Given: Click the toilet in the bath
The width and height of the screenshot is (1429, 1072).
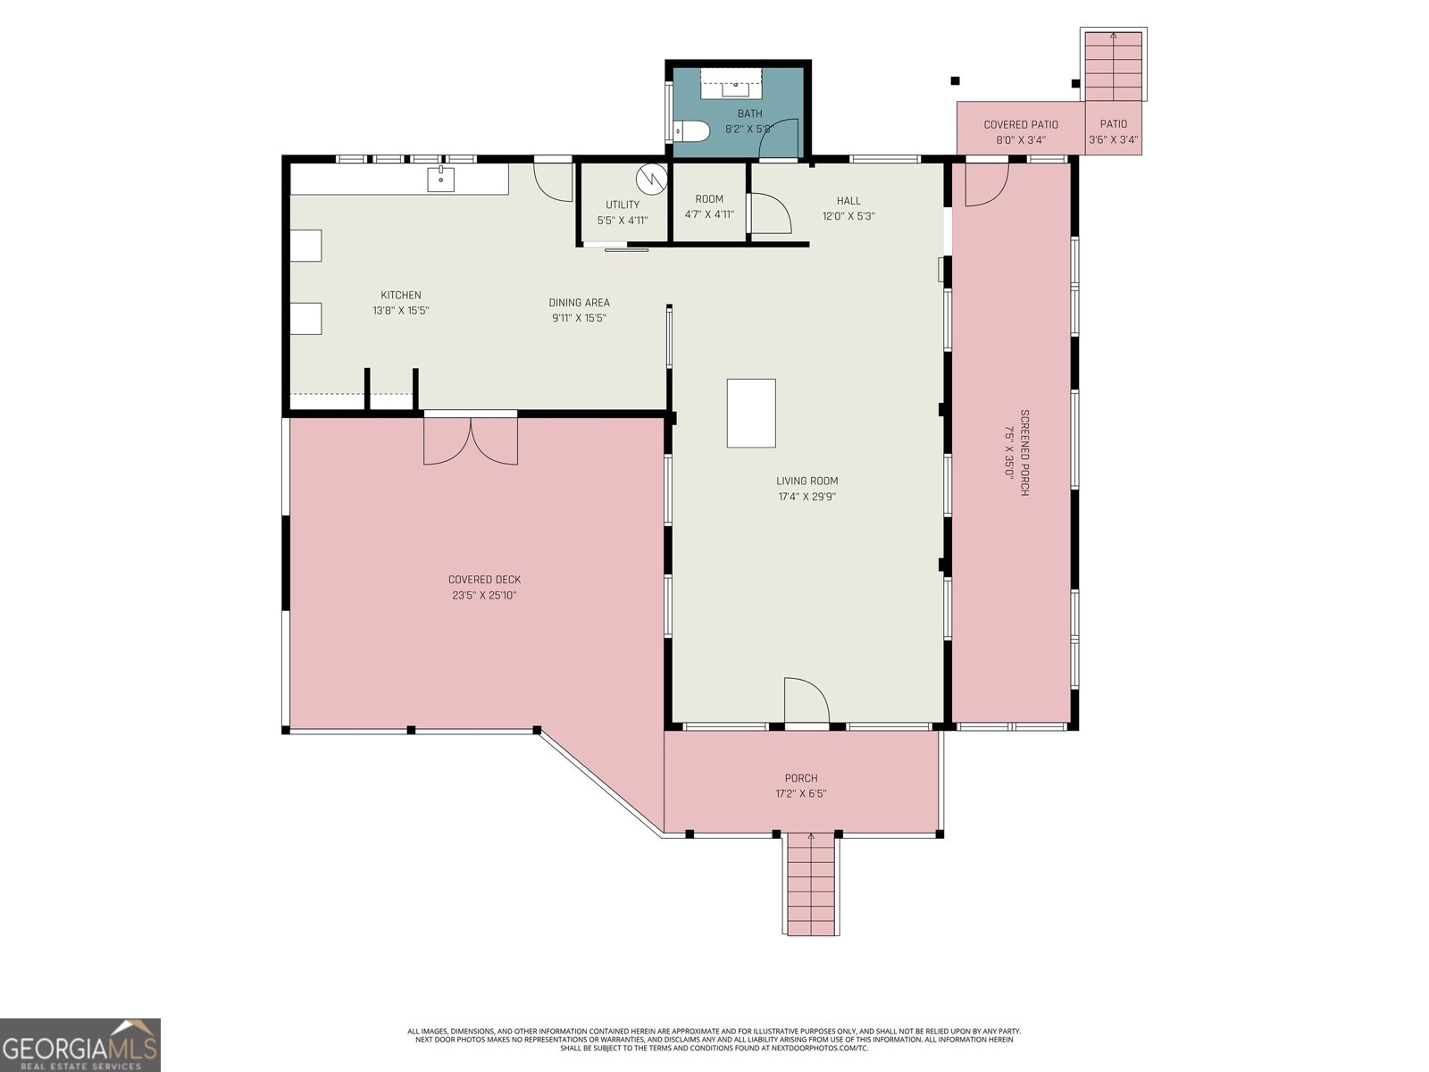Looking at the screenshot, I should pos(691,131).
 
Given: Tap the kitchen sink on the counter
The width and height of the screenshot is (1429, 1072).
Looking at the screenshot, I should pos(441,180).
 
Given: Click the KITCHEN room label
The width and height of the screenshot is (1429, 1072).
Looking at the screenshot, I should pos(401,295).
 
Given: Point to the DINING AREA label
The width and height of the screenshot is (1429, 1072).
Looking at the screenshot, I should pos(579,303).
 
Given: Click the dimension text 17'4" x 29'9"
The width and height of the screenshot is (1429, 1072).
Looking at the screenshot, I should pos(806,497).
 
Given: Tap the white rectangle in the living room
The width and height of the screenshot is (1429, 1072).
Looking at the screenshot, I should pos(750,413).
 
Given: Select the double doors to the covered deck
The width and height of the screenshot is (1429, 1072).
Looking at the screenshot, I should pos(471,440).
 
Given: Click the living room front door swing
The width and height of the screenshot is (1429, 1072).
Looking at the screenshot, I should pos(806,702).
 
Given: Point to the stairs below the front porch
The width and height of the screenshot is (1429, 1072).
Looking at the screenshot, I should pos(811,884).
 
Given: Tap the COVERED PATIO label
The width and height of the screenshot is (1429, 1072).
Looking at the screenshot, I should pos(1021,125).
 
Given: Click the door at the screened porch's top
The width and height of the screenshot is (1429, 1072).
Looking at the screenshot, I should pos(986,183).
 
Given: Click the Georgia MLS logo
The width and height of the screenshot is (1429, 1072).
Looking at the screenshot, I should pos(79,1045).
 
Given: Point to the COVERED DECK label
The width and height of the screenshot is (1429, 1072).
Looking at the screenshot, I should pos(484,580).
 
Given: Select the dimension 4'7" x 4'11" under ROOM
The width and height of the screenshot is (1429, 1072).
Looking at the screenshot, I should pos(709,214).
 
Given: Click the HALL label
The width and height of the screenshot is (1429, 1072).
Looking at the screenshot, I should pos(848,201).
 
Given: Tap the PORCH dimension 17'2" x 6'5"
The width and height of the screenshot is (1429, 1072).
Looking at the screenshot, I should pos(801,793).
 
